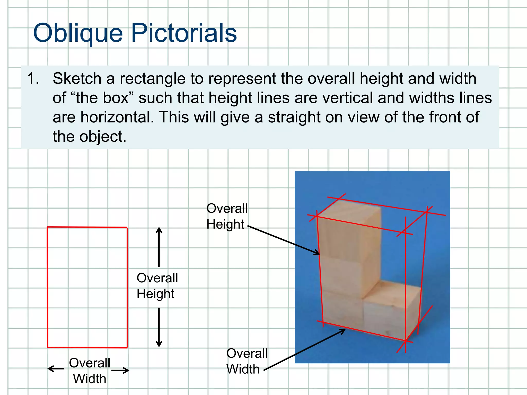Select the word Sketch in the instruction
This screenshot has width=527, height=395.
coord(77,78)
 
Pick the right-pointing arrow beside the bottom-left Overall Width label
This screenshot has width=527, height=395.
coord(120,370)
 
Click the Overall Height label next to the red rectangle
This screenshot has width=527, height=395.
coord(157,286)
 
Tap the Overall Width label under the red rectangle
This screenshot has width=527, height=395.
coord(90,371)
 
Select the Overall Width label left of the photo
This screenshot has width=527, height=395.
coord(247,361)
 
